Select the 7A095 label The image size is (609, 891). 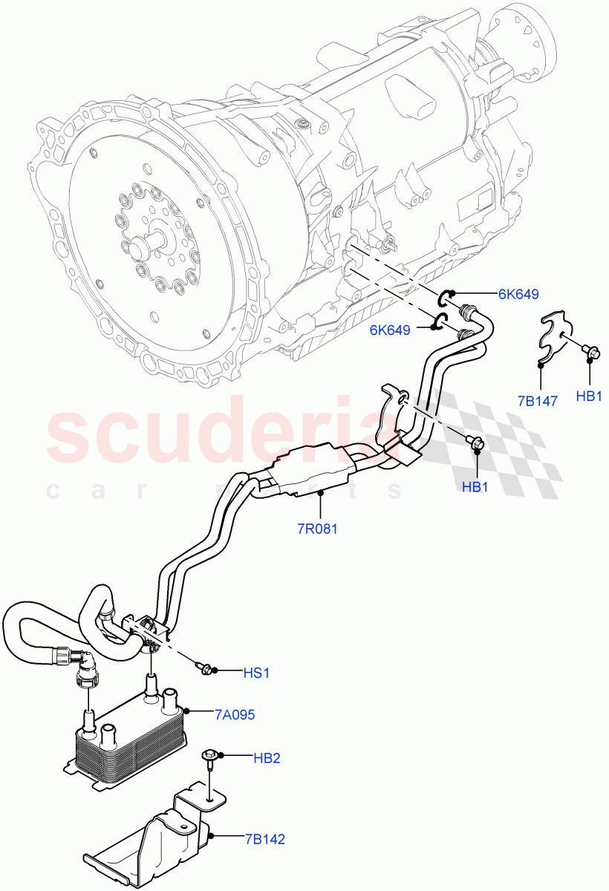pos(235,715)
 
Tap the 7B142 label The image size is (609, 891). pos(265,840)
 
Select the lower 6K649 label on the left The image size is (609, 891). pos(390,330)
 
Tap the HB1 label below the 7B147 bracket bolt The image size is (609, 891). pos(589,397)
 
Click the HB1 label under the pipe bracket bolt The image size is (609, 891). pos(475,487)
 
